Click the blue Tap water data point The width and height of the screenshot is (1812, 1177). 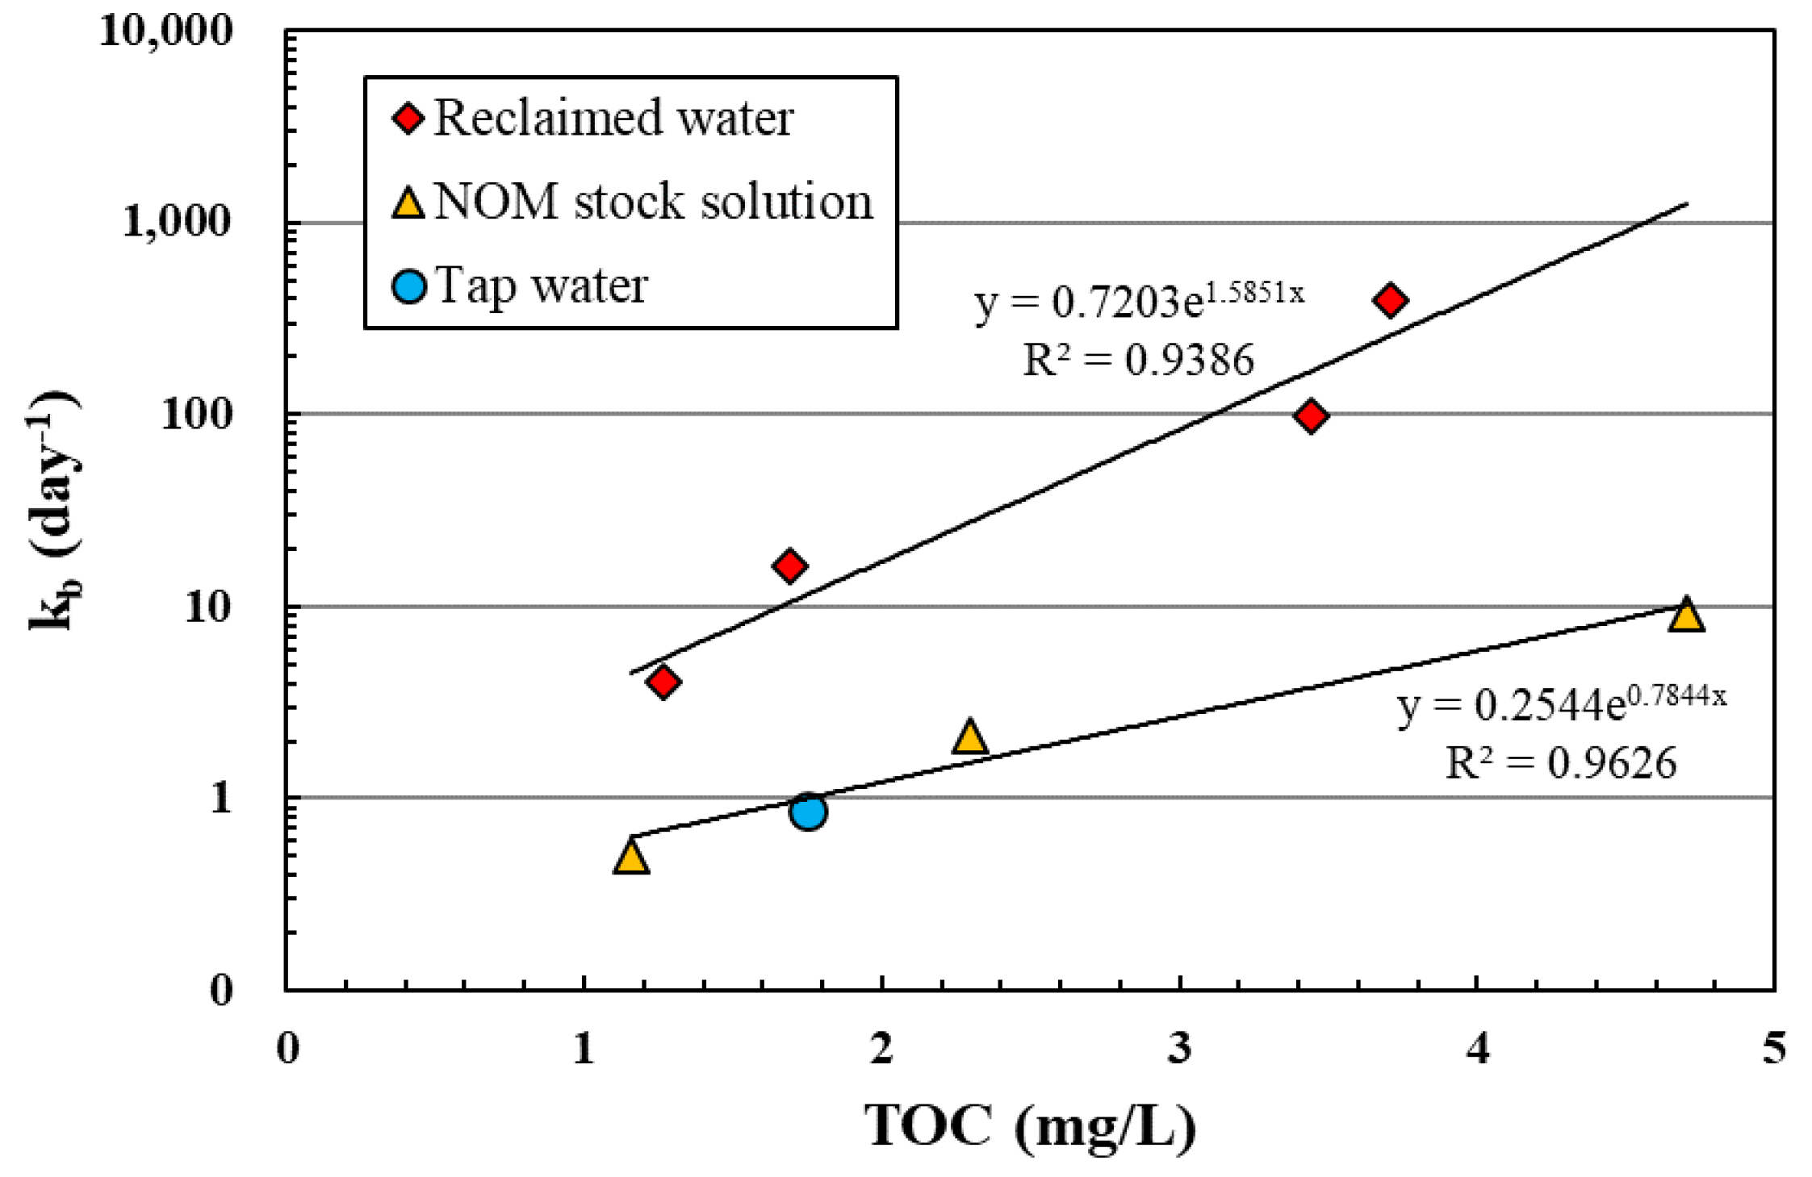pyautogui.click(x=808, y=811)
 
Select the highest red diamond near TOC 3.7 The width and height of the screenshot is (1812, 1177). pyautogui.click(x=1390, y=300)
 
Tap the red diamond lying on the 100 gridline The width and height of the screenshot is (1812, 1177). pyautogui.click(x=1311, y=416)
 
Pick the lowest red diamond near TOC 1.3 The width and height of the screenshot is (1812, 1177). pyautogui.click(x=663, y=682)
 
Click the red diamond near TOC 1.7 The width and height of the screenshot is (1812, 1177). pyautogui.click(x=789, y=566)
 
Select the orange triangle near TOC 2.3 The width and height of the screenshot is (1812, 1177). pyautogui.click(x=969, y=738)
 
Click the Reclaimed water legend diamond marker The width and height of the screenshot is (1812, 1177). pyautogui.click(x=408, y=119)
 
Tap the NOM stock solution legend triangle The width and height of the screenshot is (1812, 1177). pyautogui.click(x=408, y=203)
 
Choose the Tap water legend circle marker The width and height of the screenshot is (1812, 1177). pyautogui.click(x=408, y=286)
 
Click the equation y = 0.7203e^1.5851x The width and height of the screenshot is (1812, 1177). pyautogui.click(x=1138, y=300)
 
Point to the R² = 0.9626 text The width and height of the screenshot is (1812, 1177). pyautogui.click(x=1560, y=762)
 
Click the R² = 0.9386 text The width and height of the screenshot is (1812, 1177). pyautogui.click(x=1138, y=360)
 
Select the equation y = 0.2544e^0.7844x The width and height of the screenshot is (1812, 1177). pyautogui.click(x=1561, y=703)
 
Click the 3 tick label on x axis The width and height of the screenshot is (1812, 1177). pyautogui.click(x=1179, y=1049)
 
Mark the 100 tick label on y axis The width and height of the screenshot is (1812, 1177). pyautogui.click(x=197, y=415)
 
